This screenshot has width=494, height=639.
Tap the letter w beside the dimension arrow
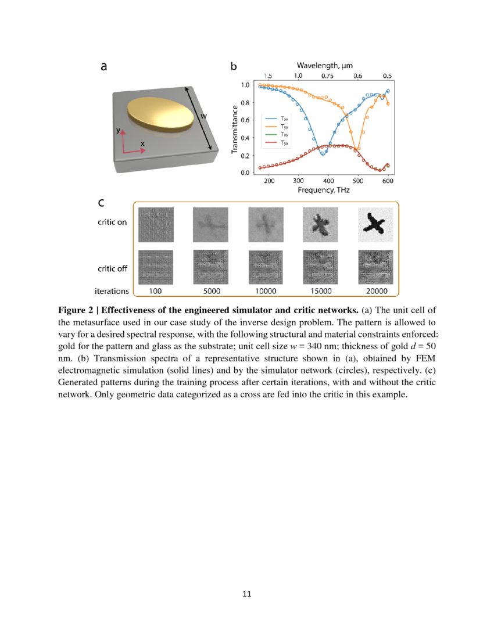204,116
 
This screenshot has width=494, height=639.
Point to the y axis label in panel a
119,131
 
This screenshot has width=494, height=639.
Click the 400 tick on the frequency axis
328,181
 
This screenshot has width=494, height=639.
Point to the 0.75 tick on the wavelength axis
327,76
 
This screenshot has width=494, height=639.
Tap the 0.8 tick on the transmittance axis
245,103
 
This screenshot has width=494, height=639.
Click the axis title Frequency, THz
324,190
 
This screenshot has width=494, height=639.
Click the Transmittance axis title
234,129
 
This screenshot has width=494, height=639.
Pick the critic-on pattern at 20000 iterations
375,225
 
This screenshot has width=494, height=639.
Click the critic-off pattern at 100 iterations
156,267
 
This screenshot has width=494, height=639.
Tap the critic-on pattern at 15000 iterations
320,225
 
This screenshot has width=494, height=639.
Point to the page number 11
246,594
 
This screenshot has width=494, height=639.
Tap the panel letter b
234,67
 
